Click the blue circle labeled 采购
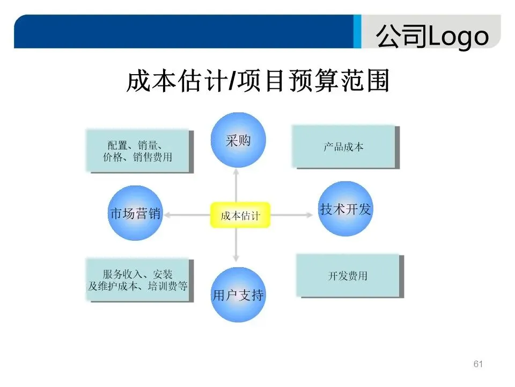(238, 140)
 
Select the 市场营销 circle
(135, 213)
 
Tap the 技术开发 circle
(345, 209)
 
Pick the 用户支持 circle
(238, 295)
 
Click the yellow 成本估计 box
(240, 215)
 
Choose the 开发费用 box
(348, 276)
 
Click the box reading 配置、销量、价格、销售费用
(138, 150)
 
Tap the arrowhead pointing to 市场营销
(168, 215)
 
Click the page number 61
(479, 364)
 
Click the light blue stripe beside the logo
(357, 32)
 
